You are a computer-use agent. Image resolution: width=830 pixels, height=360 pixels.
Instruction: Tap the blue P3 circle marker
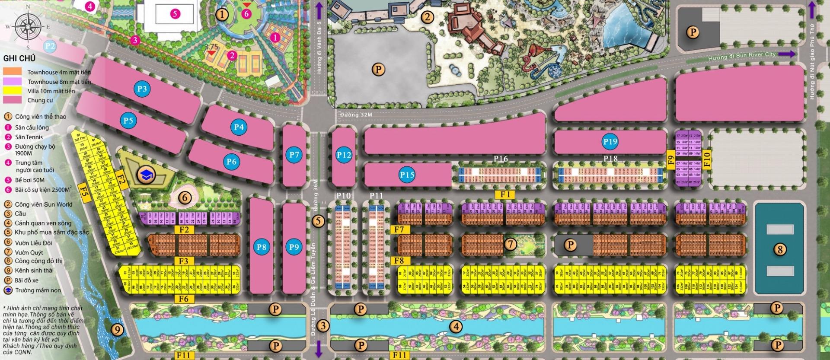(x=142, y=89)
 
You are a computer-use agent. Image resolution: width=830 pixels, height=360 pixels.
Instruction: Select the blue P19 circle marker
(x=610, y=141)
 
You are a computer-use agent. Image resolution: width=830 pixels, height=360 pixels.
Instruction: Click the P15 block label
(x=407, y=175)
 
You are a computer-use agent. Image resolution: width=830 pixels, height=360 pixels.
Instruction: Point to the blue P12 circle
(x=344, y=154)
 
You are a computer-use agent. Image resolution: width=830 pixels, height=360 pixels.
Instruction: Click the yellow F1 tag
(x=506, y=194)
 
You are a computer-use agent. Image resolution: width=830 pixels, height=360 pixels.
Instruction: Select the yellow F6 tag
(x=183, y=299)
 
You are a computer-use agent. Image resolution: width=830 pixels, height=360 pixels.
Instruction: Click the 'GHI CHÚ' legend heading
(x=19, y=58)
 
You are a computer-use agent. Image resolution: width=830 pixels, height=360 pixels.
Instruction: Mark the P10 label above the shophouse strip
(x=343, y=196)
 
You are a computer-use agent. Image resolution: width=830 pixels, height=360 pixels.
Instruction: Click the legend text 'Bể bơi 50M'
(x=29, y=180)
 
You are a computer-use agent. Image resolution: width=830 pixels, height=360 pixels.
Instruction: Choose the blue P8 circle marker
(x=261, y=247)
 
